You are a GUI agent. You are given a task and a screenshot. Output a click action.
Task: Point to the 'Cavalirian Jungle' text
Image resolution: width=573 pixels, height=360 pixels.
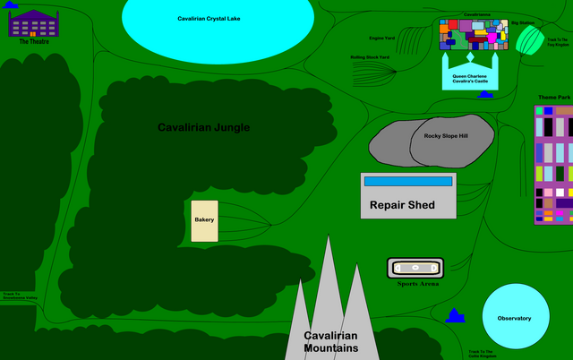pos(203,127)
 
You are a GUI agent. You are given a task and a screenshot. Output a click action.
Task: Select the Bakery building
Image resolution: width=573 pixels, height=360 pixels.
pos(204,220)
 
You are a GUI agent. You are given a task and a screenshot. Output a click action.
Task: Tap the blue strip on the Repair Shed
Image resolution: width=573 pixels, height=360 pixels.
pos(408,181)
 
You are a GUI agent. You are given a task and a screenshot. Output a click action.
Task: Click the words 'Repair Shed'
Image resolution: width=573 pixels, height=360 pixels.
pos(402,205)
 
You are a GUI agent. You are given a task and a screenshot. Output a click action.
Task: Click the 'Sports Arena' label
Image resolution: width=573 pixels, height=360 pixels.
pos(417,284)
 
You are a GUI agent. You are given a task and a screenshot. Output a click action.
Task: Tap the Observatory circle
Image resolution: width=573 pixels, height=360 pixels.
pos(515,318)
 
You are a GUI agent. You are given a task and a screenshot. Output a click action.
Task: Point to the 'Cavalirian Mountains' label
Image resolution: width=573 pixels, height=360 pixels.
pos(330,341)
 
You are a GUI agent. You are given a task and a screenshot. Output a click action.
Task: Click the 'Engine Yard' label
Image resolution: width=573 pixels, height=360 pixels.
pos(382,38)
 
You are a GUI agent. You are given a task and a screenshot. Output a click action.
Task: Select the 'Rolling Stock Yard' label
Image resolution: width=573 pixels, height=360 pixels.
pos(370,57)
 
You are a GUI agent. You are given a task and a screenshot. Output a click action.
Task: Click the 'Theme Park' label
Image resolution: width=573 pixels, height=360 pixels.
pos(554,97)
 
